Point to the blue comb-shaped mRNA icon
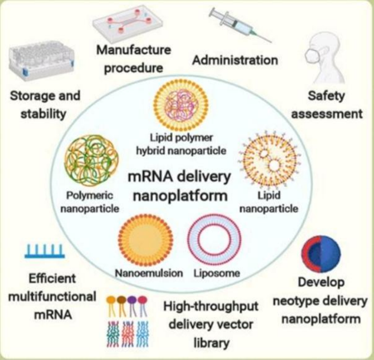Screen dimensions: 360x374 [44, 251]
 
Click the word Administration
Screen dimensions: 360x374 [235, 60]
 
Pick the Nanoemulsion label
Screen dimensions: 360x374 [148, 274]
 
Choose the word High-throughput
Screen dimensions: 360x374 [210, 307]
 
